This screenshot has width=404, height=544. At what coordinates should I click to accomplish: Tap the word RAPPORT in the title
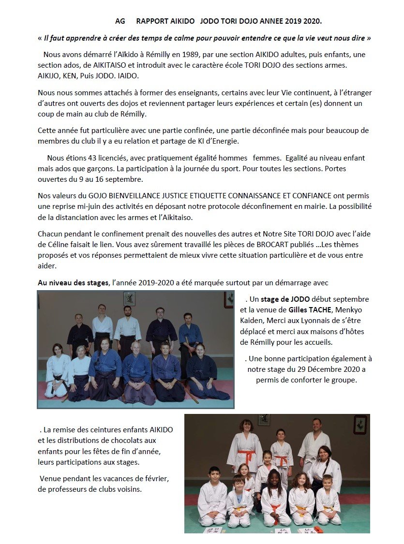tap(152, 21)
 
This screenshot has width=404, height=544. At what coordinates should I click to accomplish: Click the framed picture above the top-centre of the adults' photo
tap(130, 298)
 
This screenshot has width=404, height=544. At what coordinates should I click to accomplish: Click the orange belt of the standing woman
tap(247, 456)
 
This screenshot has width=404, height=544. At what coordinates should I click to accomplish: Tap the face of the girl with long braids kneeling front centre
tap(273, 477)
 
